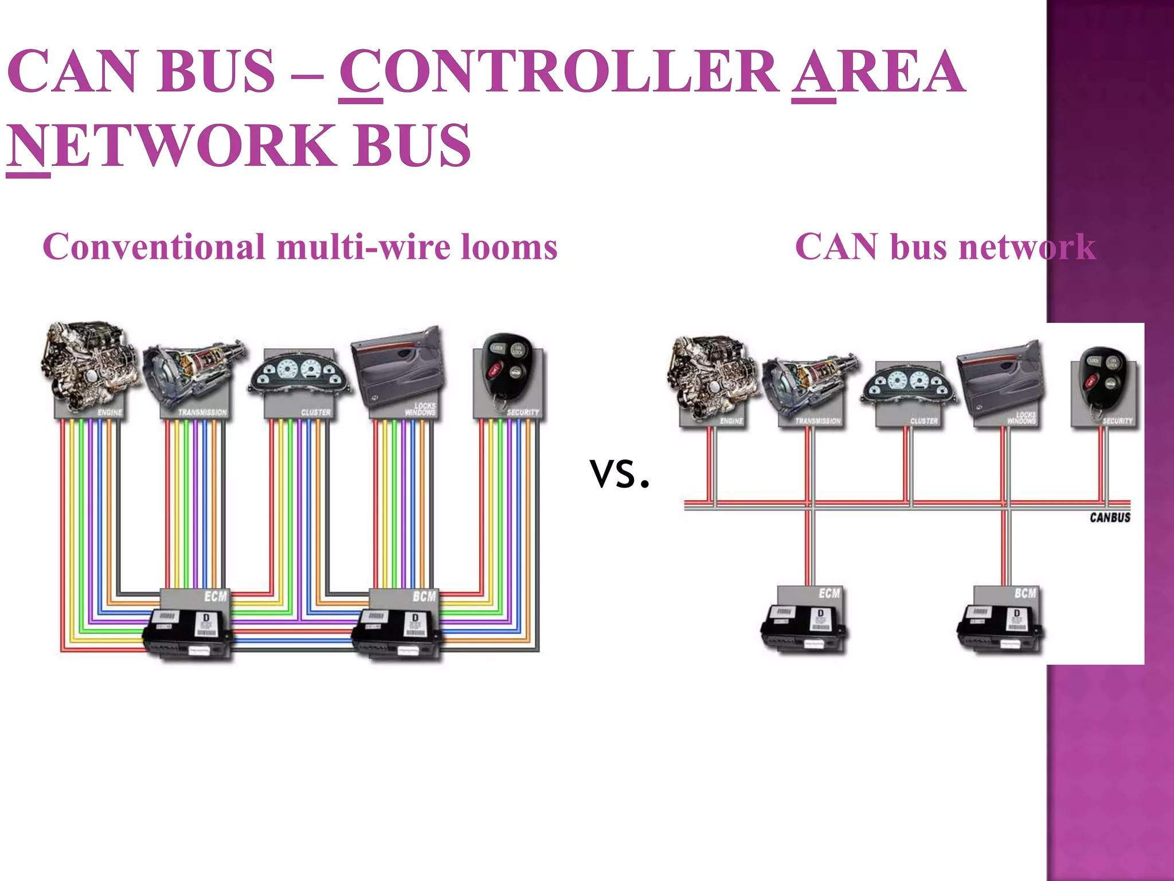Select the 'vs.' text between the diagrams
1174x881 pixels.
click(620, 474)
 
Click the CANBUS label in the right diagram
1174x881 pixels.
click(1110, 517)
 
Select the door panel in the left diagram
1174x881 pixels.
click(399, 367)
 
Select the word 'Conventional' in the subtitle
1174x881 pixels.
click(154, 248)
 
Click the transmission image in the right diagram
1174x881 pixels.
click(812, 384)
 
